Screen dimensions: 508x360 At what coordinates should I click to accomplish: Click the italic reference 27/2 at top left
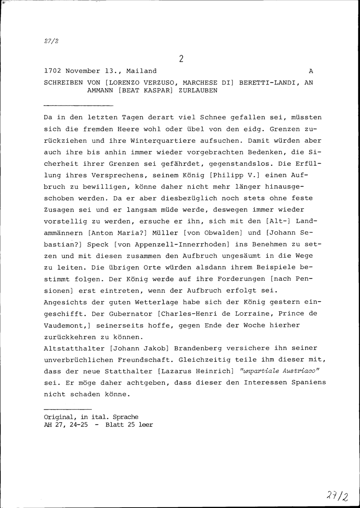pyautogui.click(x=51, y=41)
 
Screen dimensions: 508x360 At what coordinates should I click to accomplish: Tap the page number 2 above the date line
pyautogui.click(x=181, y=59)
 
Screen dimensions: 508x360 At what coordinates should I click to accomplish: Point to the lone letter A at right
pyautogui.click(x=311, y=71)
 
